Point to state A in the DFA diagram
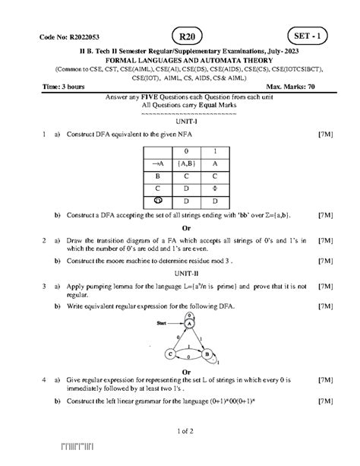pos(188,324)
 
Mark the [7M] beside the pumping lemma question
pos(325,286)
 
